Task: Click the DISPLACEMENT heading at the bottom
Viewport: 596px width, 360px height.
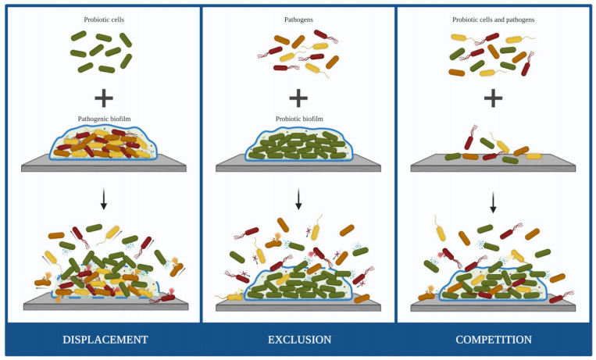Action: pos(105,340)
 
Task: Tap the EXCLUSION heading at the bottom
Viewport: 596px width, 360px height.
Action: pos(299,340)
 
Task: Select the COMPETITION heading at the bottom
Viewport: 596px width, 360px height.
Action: pos(494,340)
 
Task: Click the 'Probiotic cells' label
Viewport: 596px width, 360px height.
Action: pos(104,19)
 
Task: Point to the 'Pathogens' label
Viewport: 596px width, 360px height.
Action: pos(298,19)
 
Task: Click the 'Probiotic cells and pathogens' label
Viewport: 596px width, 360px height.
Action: pos(494,19)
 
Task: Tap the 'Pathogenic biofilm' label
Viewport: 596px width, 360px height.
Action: pos(104,119)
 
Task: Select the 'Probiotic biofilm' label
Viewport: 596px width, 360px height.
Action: pos(299,119)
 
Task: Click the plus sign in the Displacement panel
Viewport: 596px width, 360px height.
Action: pos(104,98)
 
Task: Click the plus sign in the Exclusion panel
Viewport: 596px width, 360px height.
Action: pos(298,98)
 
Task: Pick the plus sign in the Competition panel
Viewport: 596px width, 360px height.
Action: pos(493,98)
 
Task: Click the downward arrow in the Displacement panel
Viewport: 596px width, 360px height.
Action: pos(104,201)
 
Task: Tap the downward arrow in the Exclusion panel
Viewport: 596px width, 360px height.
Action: pos(298,201)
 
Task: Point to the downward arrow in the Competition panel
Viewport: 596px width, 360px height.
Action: pos(493,203)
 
